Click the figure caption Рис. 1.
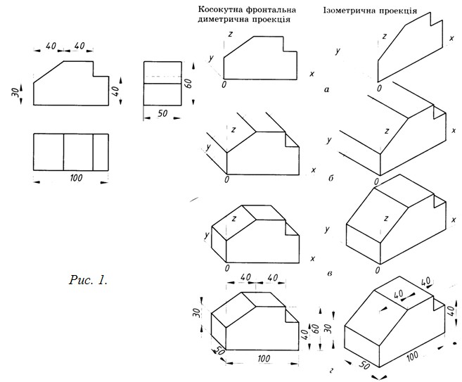point(88,280)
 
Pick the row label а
point(326,89)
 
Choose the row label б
point(331,178)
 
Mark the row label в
point(330,273)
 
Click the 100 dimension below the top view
point(77,178)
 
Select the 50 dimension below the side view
point(162,113)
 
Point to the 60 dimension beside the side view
point(189,84)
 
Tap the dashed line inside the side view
point(162,77)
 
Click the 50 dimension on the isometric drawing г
point(364,366)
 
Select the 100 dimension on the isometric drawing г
point(412,356)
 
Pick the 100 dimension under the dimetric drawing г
point(264,358)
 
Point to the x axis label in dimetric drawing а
point(312,74)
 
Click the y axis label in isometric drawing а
point(338,51)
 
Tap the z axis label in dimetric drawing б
point(233,129)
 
